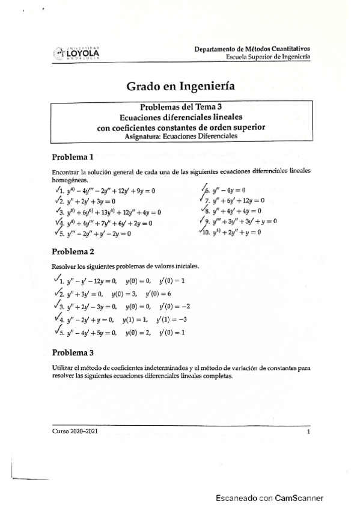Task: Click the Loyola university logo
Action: [x=79, y=53]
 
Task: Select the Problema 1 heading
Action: [x=73, y=158]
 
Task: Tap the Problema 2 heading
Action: [x=73, y=251]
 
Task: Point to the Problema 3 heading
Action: [x=73, y=352]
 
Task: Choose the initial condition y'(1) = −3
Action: [x=172, y=319]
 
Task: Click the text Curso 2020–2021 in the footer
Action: [x=75, y=431]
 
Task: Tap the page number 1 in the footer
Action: [x=308, y=431]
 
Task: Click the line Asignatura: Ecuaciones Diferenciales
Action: [x=181, y=136]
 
